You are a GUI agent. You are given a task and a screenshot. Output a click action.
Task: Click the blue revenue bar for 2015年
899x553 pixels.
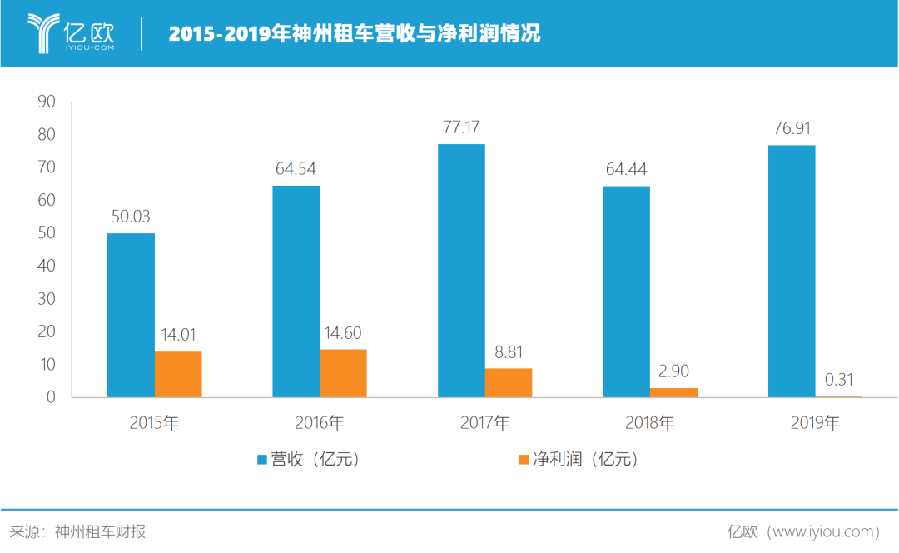pyautogui.click(x=131, y=315)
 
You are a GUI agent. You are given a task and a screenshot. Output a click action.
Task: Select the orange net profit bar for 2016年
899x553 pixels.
pyautogui.click(x=343, y=373)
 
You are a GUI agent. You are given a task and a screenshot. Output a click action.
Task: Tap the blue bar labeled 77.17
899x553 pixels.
pyautogui.click(x=461, y=271)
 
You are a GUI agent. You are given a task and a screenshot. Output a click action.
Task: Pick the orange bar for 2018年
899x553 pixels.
pyautogui.click(x=673, y=392)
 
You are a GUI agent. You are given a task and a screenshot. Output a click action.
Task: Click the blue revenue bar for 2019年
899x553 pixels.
pyautogui.click(x=792, y=271)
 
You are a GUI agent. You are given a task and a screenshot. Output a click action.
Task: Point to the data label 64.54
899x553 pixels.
pyautogui.click(x=296, y=169)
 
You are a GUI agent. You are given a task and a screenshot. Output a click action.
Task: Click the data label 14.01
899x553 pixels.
pyautogui.click(x=178, y=335)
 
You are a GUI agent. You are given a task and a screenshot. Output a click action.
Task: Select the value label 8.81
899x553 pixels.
pyautogui.click(x=509, y=352)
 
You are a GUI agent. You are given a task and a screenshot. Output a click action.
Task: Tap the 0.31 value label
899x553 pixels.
pyautogui.click(x=839, y=380)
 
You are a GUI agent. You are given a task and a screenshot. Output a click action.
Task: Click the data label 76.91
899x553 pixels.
pyautogui.click(x=792, y=128)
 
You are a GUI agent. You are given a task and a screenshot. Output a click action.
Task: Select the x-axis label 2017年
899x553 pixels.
pyautogui.click(x=484, y=423)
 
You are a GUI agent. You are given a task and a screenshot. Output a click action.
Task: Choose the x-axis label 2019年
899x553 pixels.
pyautogui.click(x=815, y=423)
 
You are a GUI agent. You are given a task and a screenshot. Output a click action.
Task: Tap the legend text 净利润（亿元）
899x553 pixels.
pyautogui.click(x=585, y=459)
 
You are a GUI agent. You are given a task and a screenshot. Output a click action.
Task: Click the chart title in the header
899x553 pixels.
pyautogui.click(x=355, y=34)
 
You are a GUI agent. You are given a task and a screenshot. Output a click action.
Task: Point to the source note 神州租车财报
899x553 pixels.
pyautogui.click(x=100, y=531)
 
